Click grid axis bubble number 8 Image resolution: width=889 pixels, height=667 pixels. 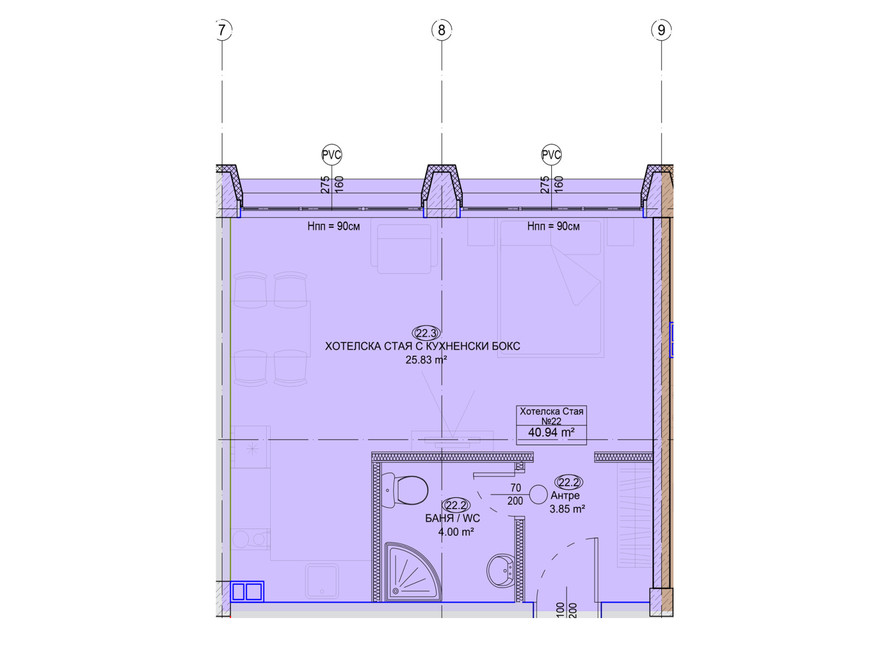tap(442, 30)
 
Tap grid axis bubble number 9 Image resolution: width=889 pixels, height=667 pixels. tap(661, 30)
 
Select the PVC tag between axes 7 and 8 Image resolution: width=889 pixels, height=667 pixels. tap(331, 155)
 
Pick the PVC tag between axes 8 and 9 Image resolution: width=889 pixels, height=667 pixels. tap(551, 155)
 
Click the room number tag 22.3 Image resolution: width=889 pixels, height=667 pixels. tap(426, 333)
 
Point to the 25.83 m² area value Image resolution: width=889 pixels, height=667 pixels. tap(426, 360)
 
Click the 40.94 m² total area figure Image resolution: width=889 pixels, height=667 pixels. tap(551, 432)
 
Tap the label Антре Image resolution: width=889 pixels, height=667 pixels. tap(565, 495)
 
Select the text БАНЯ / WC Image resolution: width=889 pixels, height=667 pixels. tap(452, 518)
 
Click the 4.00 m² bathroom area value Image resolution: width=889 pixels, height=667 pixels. tap(456, 532)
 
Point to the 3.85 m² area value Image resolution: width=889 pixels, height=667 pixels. tap(567, 509)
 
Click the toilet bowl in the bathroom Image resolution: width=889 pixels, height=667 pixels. tap(405, 490)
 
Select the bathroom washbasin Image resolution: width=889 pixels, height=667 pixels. tap(501, 571)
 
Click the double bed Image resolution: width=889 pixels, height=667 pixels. tap(551, 288)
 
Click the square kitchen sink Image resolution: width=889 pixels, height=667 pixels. tap(322, 581)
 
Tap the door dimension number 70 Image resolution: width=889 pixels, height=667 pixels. tap(516, 487)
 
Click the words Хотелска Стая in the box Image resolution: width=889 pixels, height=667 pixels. tap(551, 411)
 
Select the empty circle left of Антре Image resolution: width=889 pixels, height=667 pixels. tap(538, 495)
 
